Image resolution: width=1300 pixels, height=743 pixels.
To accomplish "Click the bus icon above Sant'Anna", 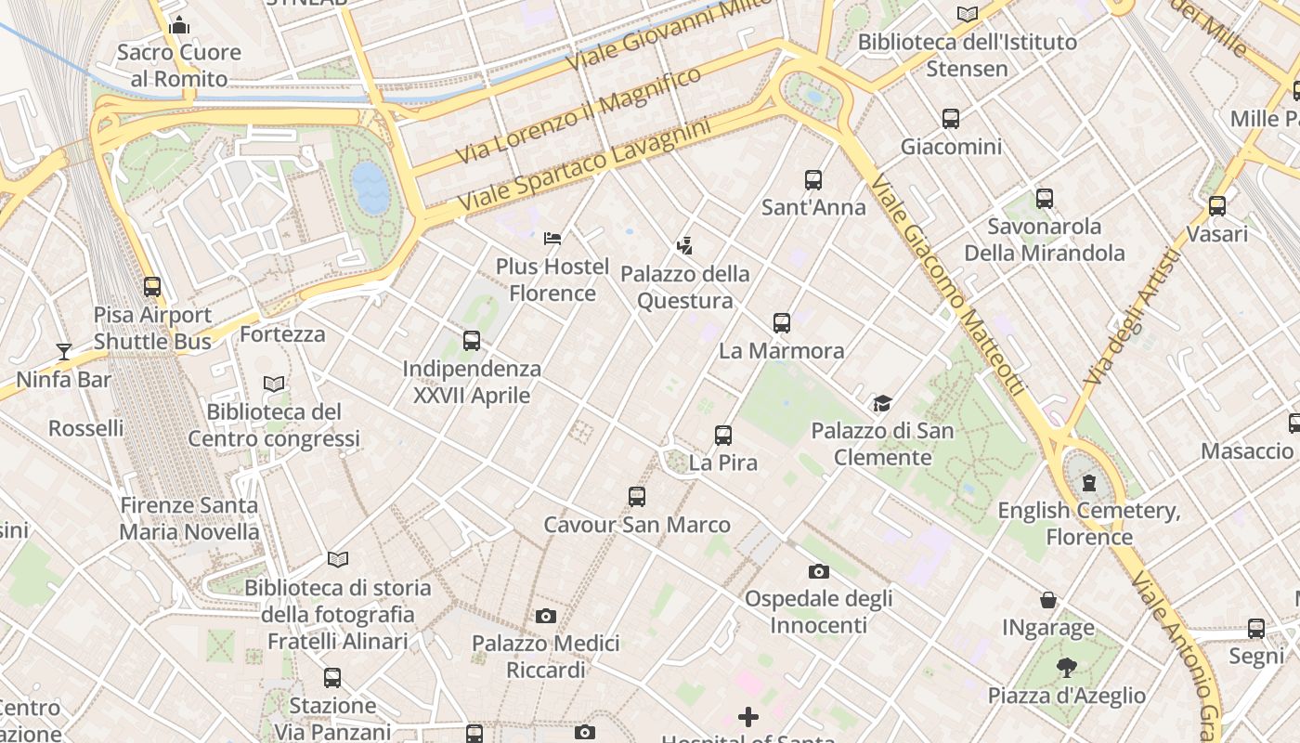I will tap(813, 179).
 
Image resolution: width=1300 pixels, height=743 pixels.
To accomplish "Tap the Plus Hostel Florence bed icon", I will tap(552, 239).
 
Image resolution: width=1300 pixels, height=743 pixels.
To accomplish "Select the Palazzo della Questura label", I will tap(685, 287).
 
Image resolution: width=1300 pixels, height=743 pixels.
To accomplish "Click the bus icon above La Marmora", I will tap(782, 323).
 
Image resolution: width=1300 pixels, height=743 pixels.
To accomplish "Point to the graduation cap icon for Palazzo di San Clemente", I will tap(881, 403).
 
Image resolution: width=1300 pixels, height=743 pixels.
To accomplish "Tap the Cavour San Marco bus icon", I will tap(636, 497).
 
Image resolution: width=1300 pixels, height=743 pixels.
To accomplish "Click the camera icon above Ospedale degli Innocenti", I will tap(818, 571).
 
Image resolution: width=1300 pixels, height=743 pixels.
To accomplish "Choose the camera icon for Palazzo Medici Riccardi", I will tap(546, 616).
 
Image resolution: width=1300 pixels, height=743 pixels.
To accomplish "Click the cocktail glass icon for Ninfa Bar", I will tap(64, 351).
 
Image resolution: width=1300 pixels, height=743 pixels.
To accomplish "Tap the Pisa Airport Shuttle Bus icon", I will tap(152, 287).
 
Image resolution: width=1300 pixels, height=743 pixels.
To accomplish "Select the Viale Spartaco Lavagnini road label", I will tap(584, 163).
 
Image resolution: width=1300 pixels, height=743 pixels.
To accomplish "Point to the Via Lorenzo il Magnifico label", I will tap(578, 116).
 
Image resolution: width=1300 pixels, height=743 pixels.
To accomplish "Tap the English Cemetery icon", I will tap(1088, 483).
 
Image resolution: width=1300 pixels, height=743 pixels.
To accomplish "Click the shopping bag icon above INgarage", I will tap(1048, 600).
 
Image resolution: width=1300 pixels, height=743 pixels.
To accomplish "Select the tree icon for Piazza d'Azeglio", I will tap(1066, 667).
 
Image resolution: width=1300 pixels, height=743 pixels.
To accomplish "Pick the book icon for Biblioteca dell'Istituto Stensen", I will tap(968, 14).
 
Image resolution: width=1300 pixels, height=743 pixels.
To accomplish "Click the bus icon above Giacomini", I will tap(950, 119).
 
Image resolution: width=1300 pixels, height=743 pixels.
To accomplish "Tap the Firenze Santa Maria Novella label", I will tap(189, 518).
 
